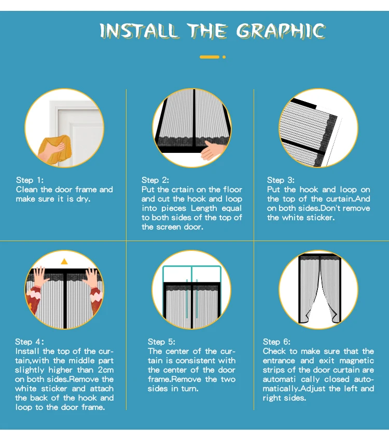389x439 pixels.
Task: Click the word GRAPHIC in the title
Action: coord(281,30)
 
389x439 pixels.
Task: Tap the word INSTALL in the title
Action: coord(138,30)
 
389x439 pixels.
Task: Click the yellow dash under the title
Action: coord(210,57)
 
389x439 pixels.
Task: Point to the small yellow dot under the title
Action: coord(224,57)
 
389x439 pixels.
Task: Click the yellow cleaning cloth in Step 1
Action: coord(56,148)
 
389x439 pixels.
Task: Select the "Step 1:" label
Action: coord(30,180)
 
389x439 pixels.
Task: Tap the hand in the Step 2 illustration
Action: coord(212,150)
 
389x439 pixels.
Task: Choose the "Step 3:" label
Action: coord(281,180)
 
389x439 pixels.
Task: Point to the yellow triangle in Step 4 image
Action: coord(64,261)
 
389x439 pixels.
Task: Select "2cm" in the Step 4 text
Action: coord(106,370)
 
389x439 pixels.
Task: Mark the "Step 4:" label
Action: coord(30,342)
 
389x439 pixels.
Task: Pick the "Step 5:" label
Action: coord(161,342)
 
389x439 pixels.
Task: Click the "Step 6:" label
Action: coord(276,342)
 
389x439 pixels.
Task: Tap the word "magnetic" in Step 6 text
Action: coord(356,361)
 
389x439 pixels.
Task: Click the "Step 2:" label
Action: coord(155,180)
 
